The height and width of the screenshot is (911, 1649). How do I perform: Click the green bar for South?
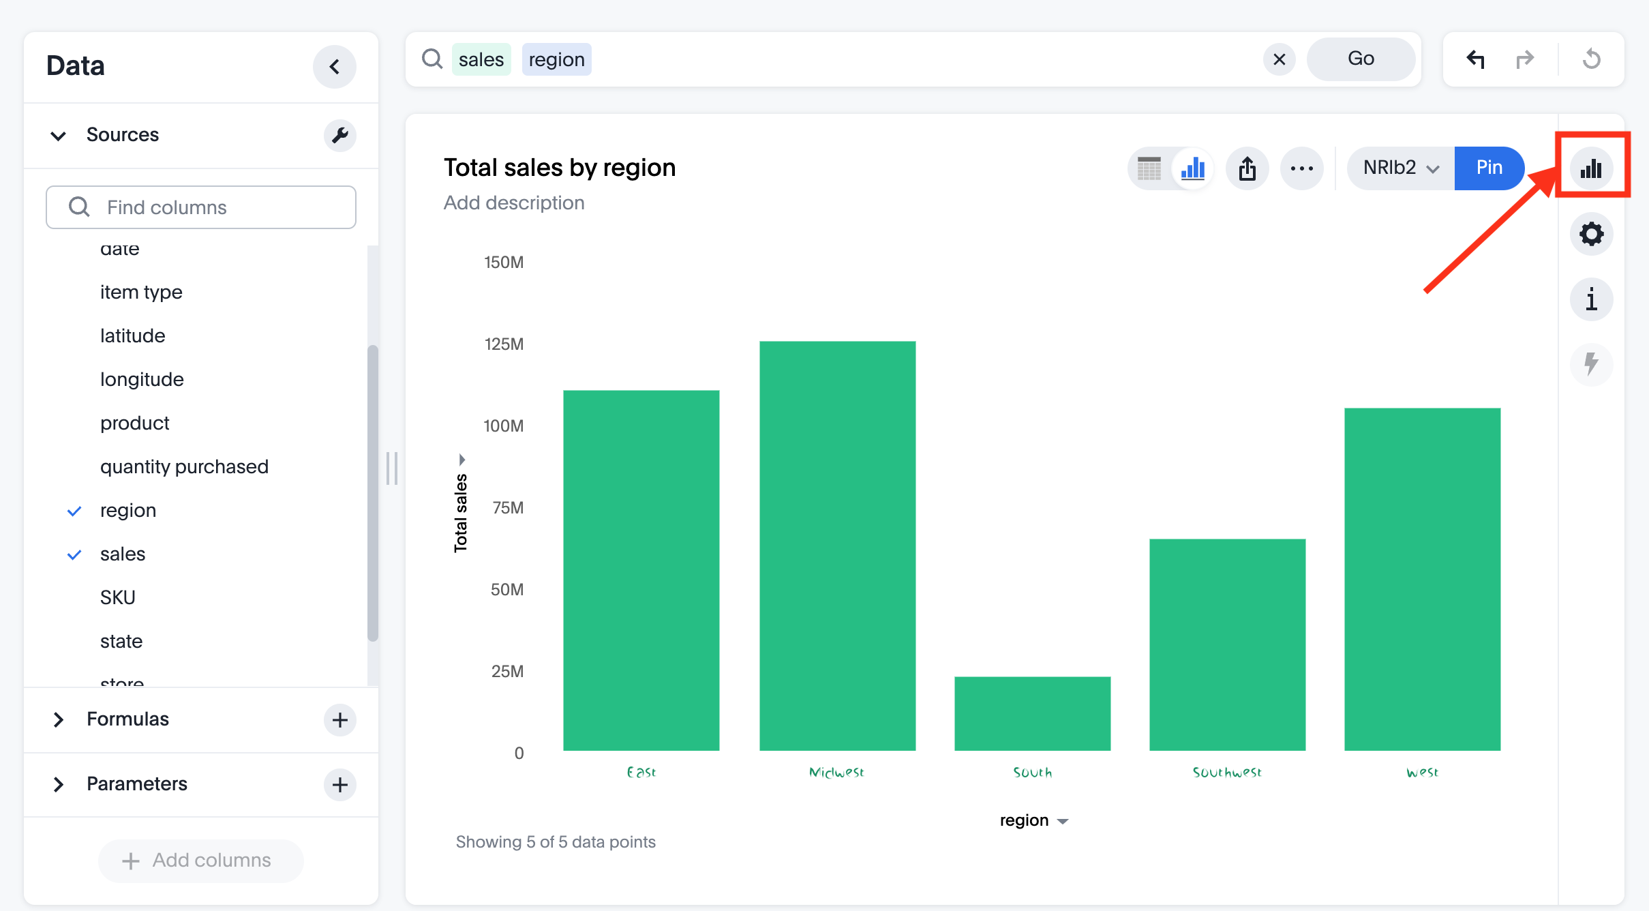tap(1032, 713)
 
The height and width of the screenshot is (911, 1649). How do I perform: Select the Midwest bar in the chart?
tap(837, 546)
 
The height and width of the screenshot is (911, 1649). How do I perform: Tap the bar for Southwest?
tap(1227, 644)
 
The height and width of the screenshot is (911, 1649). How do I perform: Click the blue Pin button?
tap(1489, 168)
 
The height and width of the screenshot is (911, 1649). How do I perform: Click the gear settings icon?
tap(1591, 234)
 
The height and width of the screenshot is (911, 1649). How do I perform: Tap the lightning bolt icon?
tap(1591, 363)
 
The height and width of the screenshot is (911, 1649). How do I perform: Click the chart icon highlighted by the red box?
tap(1591, 168)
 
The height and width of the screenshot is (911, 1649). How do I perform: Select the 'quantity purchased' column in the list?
tap(184, 466)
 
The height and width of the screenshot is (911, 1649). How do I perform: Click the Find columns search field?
tap(201, 207)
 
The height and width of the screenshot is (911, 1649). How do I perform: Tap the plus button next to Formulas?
tap(339, 719)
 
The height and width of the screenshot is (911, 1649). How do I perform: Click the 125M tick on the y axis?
tap(504, 344)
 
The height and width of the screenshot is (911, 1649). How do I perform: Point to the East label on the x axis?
tap(641, 773)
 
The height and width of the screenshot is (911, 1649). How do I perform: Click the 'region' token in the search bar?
tap(556, 59)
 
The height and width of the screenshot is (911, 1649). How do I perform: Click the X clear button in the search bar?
tap(1279, 59)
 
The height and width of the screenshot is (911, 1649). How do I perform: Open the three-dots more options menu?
tap(1301, 168)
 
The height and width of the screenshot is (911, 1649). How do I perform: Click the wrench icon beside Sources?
tap(339, 135)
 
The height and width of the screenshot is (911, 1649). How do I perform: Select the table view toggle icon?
tap(1149, 168)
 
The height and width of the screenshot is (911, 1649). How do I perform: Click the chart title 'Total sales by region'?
tap(560, 168)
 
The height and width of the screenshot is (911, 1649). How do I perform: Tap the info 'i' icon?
tap(1591, 299)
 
